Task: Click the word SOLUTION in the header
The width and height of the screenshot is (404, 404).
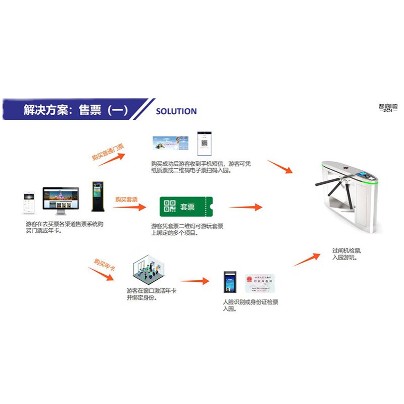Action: (176, 111)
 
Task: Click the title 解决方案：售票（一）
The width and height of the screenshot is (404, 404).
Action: (76, 111)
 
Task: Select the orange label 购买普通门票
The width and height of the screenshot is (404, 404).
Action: (108, 151)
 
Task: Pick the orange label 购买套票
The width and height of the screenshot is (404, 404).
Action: (126, 199)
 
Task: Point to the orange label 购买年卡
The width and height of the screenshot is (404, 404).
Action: (105, 264)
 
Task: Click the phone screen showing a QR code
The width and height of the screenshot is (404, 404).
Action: (205, 143)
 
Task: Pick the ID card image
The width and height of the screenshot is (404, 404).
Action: (260, 284)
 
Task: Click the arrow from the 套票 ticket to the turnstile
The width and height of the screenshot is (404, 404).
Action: (245, 207)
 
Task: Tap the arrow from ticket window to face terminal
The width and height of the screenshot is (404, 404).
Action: (194, 281)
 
